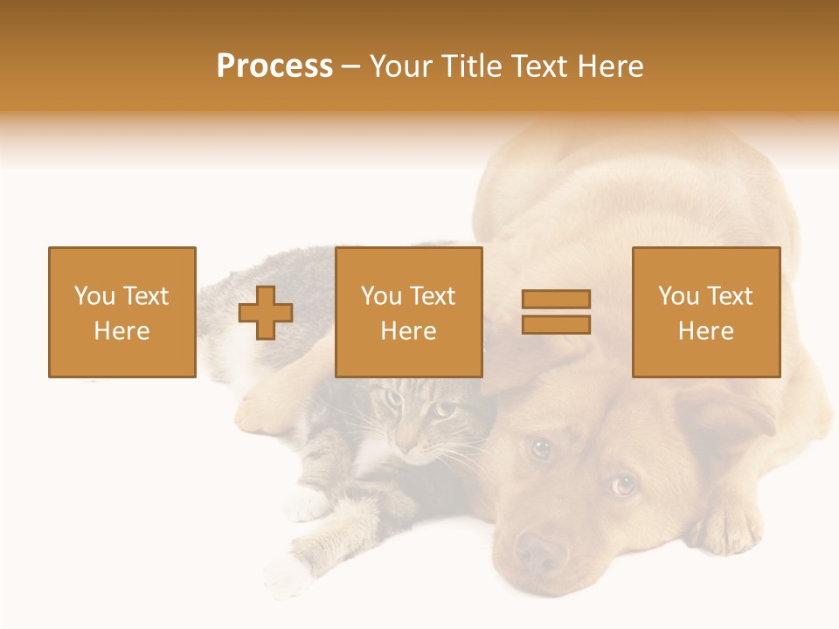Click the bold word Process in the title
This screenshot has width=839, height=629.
click(274, 66)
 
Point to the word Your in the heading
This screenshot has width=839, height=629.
click(403, 66)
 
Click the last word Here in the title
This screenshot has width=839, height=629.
click(609, 66)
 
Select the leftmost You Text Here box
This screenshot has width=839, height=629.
click(121, 312)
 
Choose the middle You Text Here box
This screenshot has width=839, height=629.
click(408, 312)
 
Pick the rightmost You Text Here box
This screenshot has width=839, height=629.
click(705, 312)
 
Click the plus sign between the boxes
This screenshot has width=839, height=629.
click(266, 313)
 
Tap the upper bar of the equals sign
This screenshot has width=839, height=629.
click(556, 299)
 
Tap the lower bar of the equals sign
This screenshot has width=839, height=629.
click(556, 325)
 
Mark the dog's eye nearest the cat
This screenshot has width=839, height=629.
click(541, 448)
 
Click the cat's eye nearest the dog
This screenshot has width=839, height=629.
click(443, 410)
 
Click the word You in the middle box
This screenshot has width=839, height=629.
click(381, 296)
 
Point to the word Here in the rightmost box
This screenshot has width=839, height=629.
click(705, 331)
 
